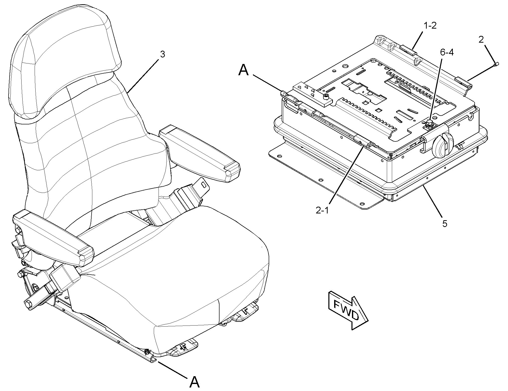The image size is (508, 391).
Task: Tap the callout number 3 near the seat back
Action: tap(163, 54)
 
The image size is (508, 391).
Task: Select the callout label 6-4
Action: tap(447, 52)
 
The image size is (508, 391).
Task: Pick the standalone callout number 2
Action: tap(481, 39)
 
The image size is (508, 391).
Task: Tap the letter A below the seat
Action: tap(194, 382)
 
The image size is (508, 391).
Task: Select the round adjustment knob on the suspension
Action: tap(443, 145)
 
